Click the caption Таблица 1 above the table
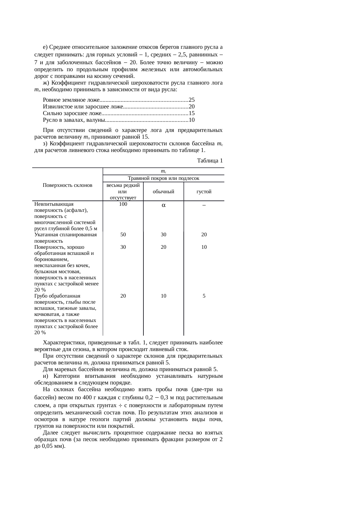coord(210,161)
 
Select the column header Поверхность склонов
coord(67,185)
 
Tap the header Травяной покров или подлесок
coord(163,178)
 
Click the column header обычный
coord(163,192)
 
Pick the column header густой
coord(204,192)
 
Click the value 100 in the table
coord(123,204)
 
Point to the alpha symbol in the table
coord(163,205)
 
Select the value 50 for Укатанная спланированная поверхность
coord(123,235)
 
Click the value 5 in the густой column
coord(204,296)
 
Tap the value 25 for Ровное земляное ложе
coord(192,100)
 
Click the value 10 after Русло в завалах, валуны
coord(192,120)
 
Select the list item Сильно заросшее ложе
coord(72,113)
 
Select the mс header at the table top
coord(163,171)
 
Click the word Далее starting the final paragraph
coord(50,433)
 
